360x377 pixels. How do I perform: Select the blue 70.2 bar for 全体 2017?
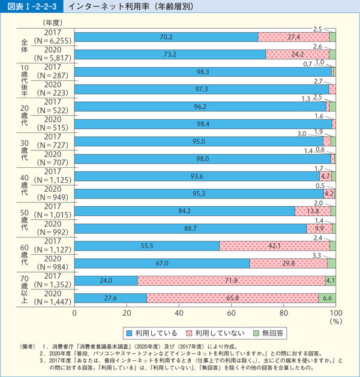pos(166,36)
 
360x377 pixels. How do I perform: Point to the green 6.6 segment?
pos(327,298)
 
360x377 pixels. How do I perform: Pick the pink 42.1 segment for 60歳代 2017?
pos(274,245)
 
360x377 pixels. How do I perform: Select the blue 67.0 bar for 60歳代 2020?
pos(162,263)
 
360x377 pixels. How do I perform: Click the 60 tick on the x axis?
pos(232,313)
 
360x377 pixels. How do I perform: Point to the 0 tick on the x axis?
pos(75,313)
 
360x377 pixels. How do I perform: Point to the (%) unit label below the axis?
pos(335,321)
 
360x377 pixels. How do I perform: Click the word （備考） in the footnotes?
pos(29,346)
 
